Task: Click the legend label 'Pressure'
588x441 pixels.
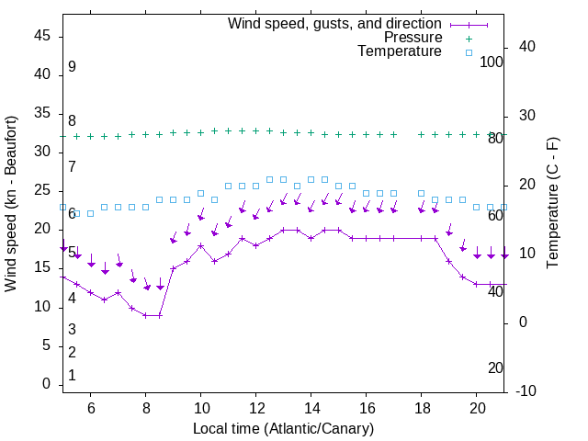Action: pos(413,38)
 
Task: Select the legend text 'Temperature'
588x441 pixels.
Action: pos(400,51)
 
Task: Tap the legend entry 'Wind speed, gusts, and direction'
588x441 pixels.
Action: pos(335,23)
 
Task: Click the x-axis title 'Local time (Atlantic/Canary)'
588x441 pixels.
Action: pos(284,428)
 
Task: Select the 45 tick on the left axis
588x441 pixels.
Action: pos(42,36)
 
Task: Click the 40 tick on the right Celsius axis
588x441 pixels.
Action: pos(521,47)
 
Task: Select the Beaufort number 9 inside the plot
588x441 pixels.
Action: pos(72,67)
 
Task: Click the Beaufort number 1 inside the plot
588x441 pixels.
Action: pos(72,376)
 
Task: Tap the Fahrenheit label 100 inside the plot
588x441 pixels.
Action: pos(492,62)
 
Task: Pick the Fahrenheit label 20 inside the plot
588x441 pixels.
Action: pos(495,367)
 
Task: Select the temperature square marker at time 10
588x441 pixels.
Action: pos(200,193)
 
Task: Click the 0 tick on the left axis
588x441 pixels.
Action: pos(46,384)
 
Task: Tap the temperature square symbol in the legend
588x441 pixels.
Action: pos(469,52)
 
